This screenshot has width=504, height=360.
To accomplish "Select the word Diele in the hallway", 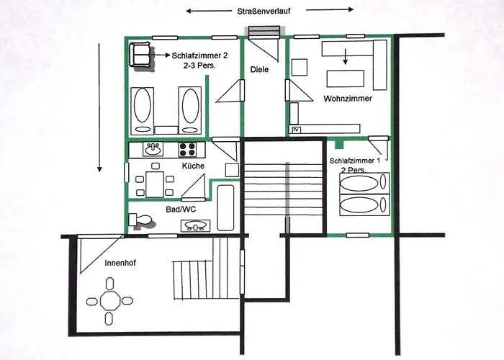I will click(x=259, y=70).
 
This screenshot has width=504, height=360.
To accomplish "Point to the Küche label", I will click(x=193, y=166).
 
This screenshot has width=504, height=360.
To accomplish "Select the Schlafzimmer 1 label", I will click(x=354, y=161).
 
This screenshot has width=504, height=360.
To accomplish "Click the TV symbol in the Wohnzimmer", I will click(x=296, y=130).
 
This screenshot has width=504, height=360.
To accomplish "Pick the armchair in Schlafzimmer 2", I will click(x=140, y=55).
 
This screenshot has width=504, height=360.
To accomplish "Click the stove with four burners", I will click(x=188, y=150).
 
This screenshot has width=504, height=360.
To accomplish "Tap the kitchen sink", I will click(x=153, y=150).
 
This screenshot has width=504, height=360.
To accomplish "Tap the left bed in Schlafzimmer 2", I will click(x=142, y=109).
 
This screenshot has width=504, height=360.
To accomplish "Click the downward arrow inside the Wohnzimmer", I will click(x=345, y=56).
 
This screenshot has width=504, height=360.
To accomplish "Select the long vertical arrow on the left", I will click(x=99, y=108).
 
